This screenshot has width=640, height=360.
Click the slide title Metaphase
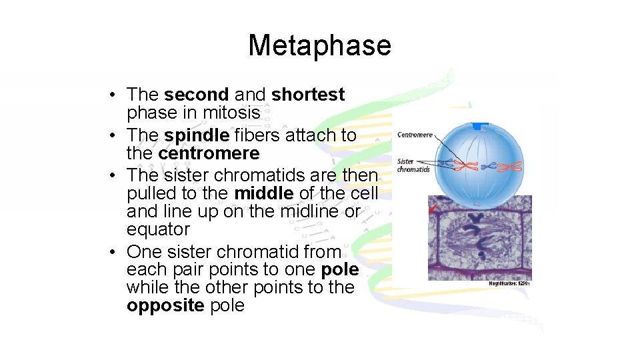point(319,45)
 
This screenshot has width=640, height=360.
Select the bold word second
point(196,95)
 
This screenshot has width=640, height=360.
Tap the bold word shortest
point(308,95)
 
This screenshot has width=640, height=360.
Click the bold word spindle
point(197,135)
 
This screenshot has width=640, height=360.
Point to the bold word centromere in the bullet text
point(209,153)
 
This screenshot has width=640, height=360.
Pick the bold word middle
point(263,193)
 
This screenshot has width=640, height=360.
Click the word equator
point(158,230)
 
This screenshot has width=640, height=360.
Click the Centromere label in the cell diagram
point(414,135)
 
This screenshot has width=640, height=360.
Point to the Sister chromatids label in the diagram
point(413,165)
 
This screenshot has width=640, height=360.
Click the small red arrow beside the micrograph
point(433,208)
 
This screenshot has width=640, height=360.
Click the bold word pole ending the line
point(339,270)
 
